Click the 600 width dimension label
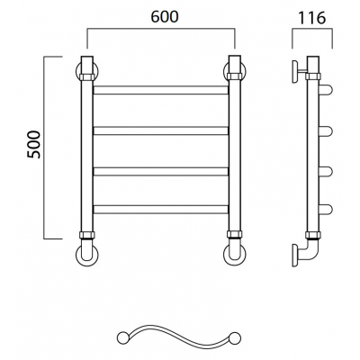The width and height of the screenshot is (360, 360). pyautogui.click(x=165, y=17)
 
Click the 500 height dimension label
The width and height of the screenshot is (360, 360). pyautogui.click(x=33, y=145)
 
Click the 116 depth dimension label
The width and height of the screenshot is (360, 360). pyautogui.click(x=311, y=18)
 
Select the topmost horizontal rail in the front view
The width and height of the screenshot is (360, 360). pyautogui.click(x=161, y=90)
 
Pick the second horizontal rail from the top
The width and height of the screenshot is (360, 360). pyautogui.click(x=161, y=130)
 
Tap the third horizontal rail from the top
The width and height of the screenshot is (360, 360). pyautogui.click(x=161, y=172)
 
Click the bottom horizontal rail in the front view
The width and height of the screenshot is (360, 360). pyautogui.click(x=161, y=210)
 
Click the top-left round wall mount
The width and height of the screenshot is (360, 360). pyautogui.click(x=77, y=71)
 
